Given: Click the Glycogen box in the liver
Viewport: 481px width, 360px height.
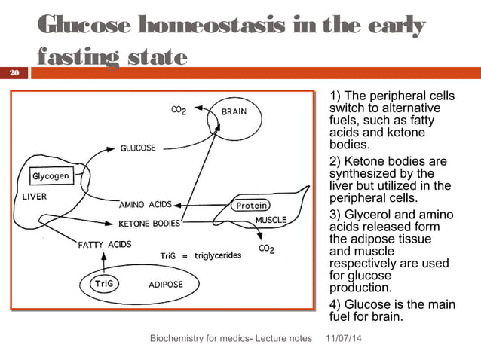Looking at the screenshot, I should coord(51,176).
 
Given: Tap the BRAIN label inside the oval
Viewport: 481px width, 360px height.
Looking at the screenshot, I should coord(234,111).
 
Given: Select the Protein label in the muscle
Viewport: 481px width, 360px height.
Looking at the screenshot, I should coord(253,205).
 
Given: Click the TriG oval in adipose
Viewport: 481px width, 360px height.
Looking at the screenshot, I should coord(103,284).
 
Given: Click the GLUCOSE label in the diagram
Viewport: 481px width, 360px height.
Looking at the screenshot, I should coord(138,148).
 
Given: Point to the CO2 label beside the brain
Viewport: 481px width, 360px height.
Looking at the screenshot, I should coord(179,110).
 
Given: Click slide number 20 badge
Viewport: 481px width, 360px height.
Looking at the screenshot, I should coord(14,73).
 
